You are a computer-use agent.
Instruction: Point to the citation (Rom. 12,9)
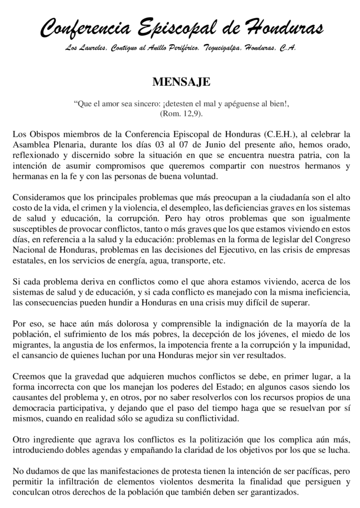(x=180, y=114)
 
